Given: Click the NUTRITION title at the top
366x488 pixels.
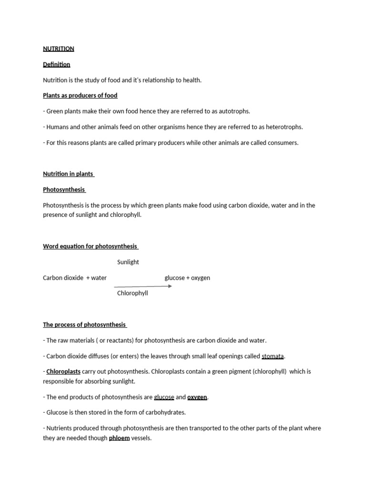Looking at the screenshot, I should [58, 49].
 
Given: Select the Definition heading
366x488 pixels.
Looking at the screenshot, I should [56, 64].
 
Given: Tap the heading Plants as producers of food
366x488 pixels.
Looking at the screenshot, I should [80, 95].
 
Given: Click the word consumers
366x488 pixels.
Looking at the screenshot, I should [283, 142].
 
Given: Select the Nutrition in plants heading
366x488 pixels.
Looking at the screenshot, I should [68, 173].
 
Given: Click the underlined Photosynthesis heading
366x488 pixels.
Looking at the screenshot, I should [63, 189].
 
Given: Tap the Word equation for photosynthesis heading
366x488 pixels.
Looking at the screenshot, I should [90, 246].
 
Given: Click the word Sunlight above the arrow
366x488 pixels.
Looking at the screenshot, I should [128, 262].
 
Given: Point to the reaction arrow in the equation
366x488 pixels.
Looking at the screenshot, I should [143, 286].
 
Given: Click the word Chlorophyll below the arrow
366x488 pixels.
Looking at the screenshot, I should [132, 293].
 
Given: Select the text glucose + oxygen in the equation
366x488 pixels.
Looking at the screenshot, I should [187, 278].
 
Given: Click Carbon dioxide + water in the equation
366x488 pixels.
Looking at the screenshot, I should [75, 278].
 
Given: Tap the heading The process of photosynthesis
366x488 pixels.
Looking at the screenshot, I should [84, 325].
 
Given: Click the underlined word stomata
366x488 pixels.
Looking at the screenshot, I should [273, 356].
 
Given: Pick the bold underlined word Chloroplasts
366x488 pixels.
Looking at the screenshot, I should [63, 371].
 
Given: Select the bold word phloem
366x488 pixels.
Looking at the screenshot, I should [119, 438].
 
